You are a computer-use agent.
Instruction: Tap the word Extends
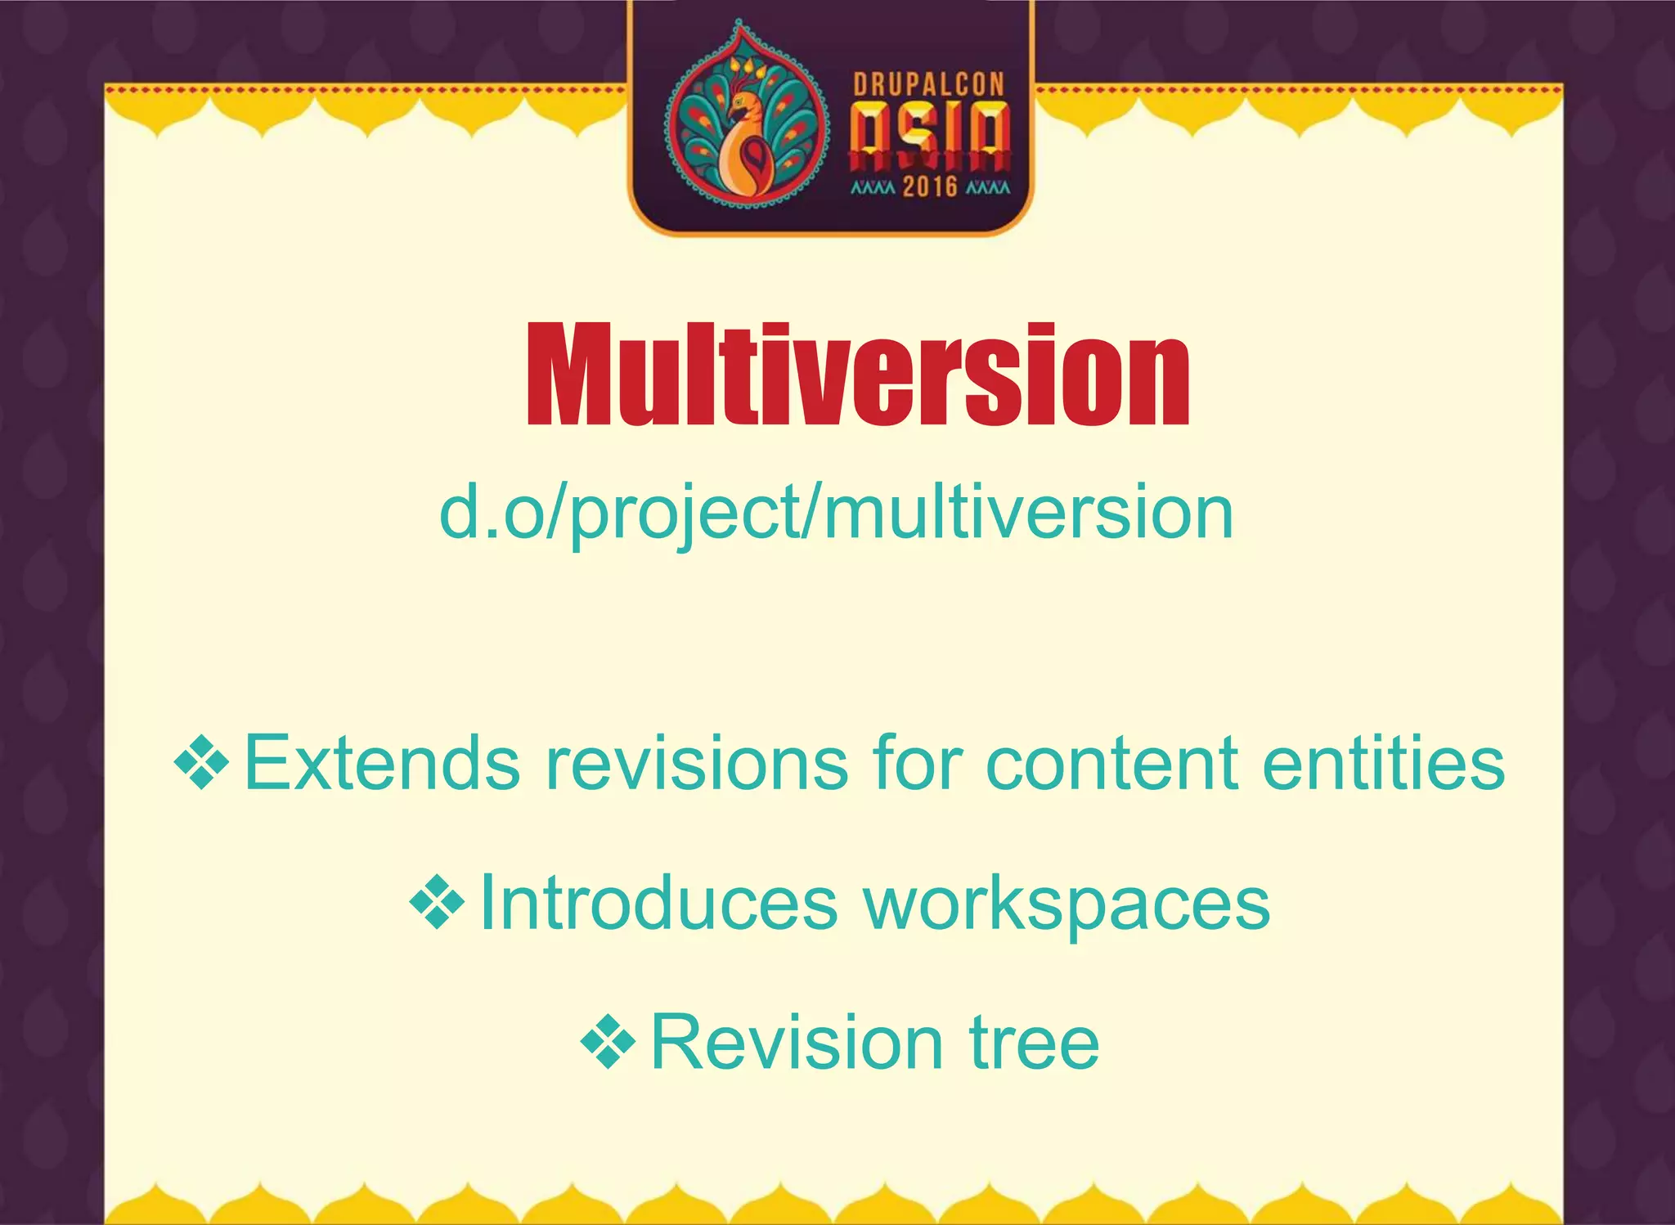tap(382, 764)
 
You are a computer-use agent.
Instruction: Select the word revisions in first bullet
tap(697, 764)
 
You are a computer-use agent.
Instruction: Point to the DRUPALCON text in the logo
tap(928, 85)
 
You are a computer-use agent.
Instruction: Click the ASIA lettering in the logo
tap(930, 135)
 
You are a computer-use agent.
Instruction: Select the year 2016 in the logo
tap(930, 186)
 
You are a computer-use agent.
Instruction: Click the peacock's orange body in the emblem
tap(744, 159)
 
